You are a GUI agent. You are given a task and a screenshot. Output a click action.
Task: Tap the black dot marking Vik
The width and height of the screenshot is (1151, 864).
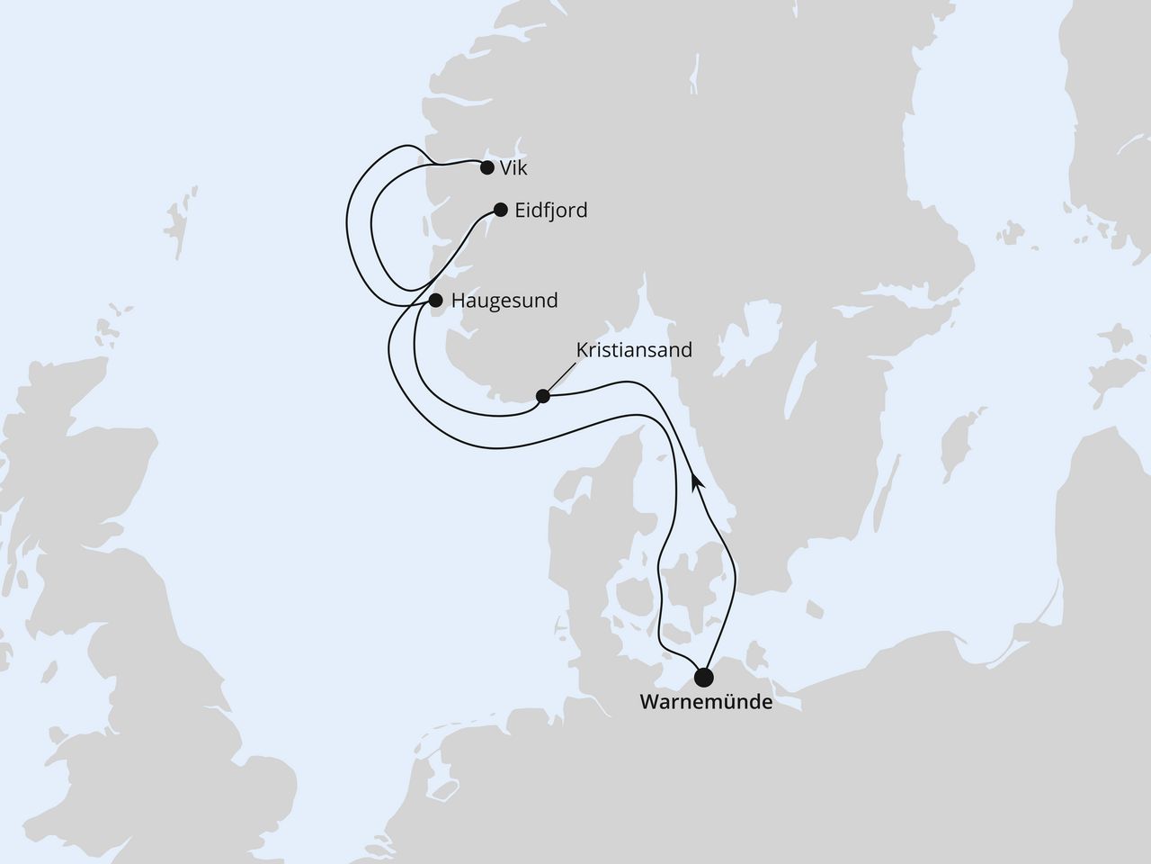(487, 167)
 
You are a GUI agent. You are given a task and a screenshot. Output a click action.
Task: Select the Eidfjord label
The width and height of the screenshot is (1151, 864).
(551, 211)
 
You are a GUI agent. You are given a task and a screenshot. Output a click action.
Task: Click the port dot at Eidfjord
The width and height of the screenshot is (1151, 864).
(501, 210)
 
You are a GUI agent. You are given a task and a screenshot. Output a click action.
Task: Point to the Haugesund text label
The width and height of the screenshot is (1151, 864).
(504, 301)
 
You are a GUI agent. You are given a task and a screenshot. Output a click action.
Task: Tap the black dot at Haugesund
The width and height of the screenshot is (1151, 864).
(436, 300)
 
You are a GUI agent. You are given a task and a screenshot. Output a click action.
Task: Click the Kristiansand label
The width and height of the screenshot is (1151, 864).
(634, 349)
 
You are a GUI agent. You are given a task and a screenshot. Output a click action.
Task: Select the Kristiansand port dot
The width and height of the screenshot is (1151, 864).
(542, 395)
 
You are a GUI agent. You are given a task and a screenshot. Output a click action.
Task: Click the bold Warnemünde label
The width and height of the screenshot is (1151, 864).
(705, 702)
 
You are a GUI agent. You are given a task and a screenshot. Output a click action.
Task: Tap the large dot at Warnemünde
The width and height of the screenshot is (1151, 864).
(704, 676)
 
